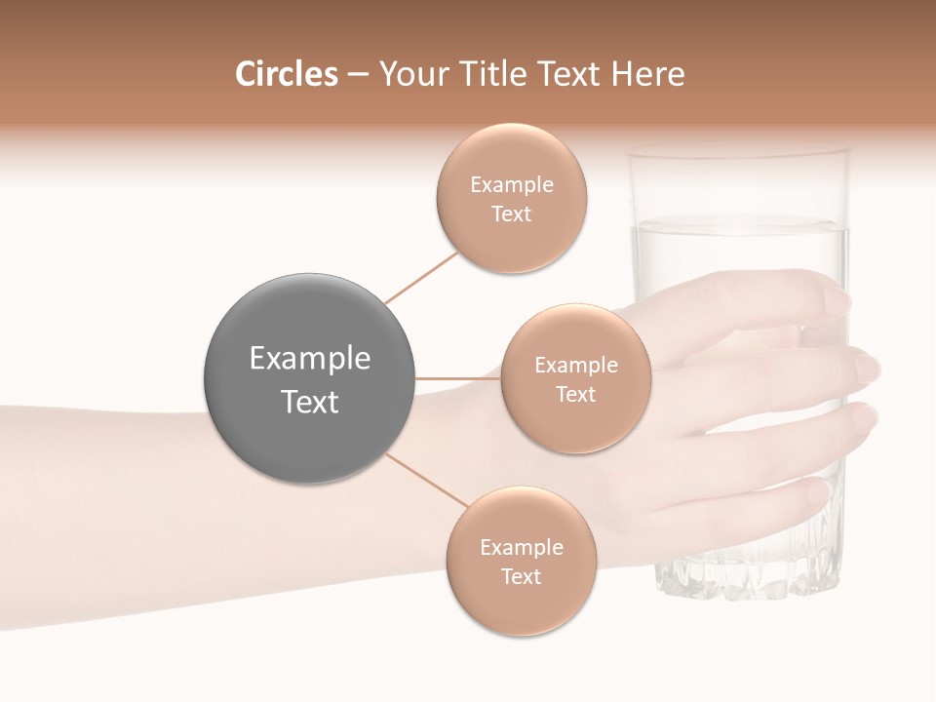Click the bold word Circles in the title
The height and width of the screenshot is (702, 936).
click(286, 74)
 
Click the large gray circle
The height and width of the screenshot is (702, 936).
click(309, 378)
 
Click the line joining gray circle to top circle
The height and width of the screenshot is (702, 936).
click(421, 277)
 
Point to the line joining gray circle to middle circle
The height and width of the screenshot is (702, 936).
click(458, 378)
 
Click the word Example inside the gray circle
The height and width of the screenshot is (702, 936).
click(309, 359)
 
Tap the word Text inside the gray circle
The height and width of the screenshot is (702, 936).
click(309, 402)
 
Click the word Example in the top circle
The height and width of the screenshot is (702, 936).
click(512, 184)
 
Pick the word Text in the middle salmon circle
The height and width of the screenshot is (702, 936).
click(575, 394)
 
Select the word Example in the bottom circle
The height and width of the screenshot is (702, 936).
click(521, 547)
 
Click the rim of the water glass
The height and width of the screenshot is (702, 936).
click(738, 152)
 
